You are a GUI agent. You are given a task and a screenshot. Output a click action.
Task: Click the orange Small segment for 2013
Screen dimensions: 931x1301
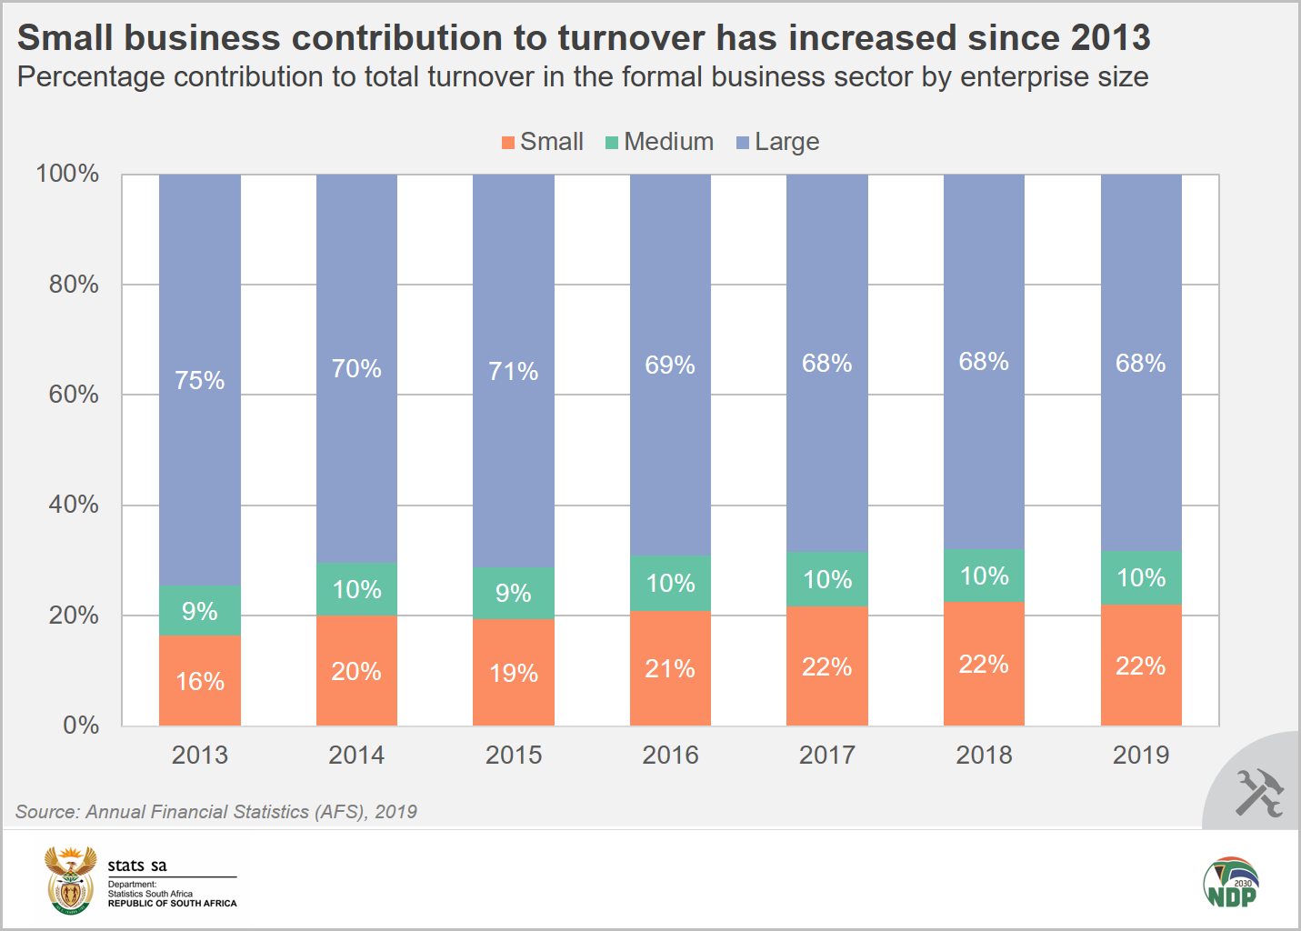coord(200,681)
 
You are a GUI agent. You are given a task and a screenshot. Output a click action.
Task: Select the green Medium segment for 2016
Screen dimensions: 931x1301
coord(670,583)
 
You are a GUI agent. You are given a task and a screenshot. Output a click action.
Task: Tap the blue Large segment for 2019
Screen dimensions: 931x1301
coord(1141,363)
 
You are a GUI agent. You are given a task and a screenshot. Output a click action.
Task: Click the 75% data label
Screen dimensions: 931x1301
coord(200,380)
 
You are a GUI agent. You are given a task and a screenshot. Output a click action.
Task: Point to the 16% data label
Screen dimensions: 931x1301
coord(200,681)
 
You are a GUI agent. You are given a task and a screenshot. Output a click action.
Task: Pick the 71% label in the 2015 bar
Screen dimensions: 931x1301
coord(514,371)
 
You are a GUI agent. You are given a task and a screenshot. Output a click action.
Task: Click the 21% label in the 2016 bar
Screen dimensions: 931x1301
coord(670,669)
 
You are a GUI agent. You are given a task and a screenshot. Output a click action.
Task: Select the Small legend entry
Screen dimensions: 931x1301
coord(543,142)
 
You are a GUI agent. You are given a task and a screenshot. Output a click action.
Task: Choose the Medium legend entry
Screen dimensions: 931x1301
coord(660,142)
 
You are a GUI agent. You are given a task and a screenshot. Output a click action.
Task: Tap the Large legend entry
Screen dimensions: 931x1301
coord(778,142)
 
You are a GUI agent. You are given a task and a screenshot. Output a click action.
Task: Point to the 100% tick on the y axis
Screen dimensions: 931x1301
coord(67,174)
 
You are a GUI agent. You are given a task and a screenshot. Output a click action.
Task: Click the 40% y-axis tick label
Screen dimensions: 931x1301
coord(74,505)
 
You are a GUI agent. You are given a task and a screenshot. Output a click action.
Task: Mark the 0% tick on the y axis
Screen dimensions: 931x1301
coord(81,726)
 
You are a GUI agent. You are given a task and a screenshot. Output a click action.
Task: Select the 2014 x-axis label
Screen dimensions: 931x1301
coord(356,755)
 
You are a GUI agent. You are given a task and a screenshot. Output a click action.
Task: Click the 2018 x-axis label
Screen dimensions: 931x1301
coord(984,755)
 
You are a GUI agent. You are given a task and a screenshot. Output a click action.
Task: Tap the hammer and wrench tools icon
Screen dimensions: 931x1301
coord(1258,792)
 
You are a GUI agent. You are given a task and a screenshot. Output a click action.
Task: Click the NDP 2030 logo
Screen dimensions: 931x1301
coord(1231,882)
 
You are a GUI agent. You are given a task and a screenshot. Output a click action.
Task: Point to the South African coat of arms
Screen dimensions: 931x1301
coord(70,880)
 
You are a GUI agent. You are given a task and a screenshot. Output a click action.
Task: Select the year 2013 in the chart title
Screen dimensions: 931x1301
coord(1110,38)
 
